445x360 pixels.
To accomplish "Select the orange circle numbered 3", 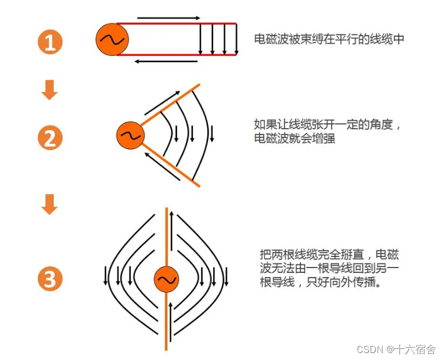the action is pos(50,280).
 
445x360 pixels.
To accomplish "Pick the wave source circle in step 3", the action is pos(166,280).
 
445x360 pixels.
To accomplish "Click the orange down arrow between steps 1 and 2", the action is pos(50,90).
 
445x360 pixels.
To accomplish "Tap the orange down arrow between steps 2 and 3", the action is pos(50,204).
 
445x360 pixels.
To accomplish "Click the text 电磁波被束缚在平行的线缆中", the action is pos(329,40).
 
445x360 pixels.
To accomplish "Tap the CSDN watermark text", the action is pos(396,350).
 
